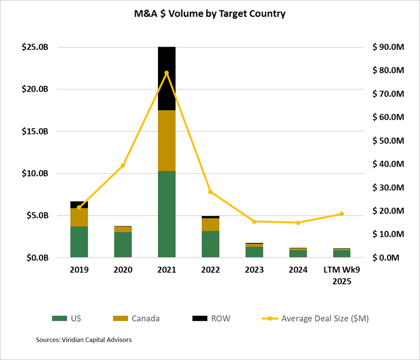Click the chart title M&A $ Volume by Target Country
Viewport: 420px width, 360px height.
[x=210, y=14]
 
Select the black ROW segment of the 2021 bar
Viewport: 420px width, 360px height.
[x=167, y=78]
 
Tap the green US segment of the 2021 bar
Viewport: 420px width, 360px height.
[x=167, y=214]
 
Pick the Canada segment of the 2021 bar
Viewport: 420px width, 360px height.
[x=167, y=141]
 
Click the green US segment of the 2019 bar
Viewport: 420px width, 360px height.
[x=79, y=242]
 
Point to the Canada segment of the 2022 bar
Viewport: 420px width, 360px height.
[x=211, y=224]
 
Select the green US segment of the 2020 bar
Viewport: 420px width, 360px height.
[x=123, y=244]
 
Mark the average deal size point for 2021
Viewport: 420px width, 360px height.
[x=167, y=73]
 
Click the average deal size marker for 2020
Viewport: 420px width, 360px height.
[x=123, y=165]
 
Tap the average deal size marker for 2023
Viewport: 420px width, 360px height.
[x=254, y=221]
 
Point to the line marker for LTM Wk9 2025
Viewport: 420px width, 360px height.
[x=341, y=214]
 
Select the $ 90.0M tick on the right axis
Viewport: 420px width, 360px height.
[x=389, y=47]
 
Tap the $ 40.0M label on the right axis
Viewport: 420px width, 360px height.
[x=389, y=164]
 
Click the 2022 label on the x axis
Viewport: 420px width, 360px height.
[x=211, y=270]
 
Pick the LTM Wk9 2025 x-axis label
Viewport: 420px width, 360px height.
[x=341, y=275]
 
